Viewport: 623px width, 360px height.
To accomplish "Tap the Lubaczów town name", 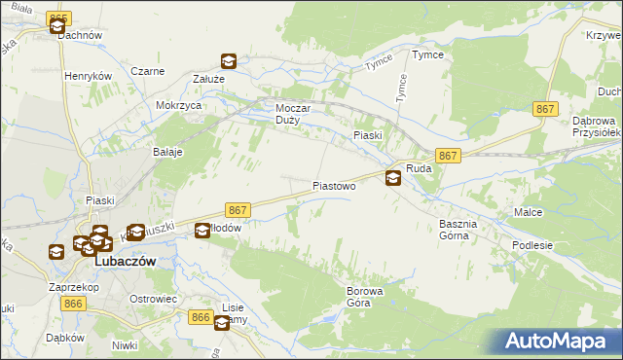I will [x=125, y=262].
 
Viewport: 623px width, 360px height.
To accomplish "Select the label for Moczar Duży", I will [x=293, y=115].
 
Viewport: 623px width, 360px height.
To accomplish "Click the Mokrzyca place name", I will [x=178, y=105].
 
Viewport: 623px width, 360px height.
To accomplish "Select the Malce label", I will [x=529, y=211].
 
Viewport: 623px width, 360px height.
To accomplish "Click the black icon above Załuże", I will [x=229, y=62].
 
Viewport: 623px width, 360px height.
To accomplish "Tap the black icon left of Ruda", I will [x=392, y=177].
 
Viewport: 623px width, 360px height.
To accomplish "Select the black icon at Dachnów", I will [x=56, y=27].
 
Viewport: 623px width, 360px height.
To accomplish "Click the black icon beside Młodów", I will [x=202, y=231].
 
